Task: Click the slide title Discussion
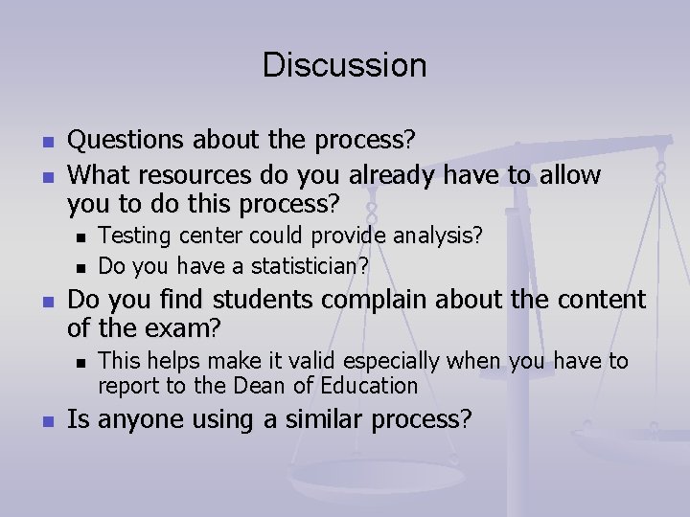click(344, 65)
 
